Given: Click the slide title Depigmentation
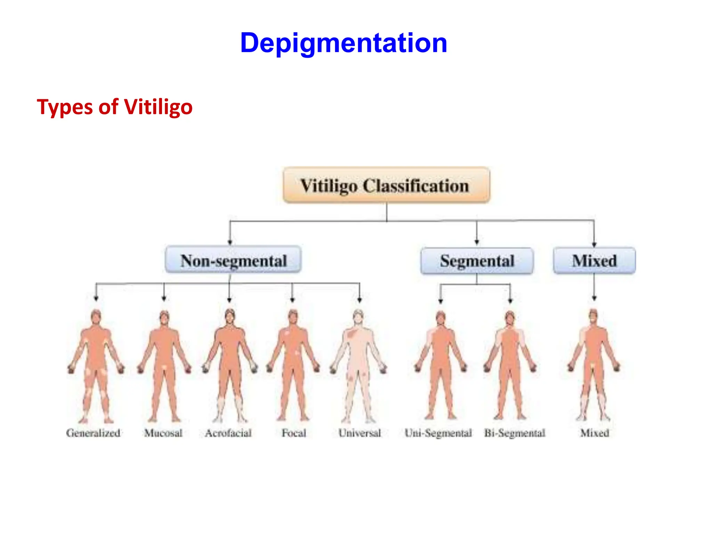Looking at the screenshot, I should pos(343,43).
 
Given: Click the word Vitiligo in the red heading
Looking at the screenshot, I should pos(158,107).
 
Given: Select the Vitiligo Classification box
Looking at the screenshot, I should pos(386,185).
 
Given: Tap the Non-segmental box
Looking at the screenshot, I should pos(233,260).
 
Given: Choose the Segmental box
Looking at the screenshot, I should pos(477,261).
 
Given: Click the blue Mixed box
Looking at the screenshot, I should pos(594,261).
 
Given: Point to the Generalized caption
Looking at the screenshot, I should pos(93,433).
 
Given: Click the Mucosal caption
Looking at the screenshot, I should pos(163,433).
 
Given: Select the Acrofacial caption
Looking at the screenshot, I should pos(228,433).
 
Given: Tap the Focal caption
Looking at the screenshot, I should pos(294,433).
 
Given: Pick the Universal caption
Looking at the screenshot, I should pos(359,433).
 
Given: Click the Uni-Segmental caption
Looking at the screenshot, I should pos(438,433).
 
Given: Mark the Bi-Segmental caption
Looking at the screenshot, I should pos(515,433).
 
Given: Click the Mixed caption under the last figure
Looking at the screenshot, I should pos(594,433).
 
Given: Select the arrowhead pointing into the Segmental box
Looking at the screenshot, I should pos(477,242).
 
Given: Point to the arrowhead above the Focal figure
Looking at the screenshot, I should pos(292,299).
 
